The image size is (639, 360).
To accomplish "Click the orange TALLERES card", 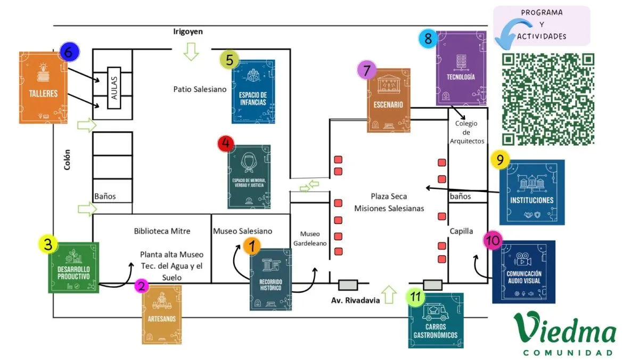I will coord(43,87).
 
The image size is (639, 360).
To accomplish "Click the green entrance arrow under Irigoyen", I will coord(190,52).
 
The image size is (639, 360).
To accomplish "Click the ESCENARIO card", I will coord(388,100).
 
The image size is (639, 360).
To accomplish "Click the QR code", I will coord(548,99).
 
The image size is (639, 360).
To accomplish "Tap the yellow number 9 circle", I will coord(500,160).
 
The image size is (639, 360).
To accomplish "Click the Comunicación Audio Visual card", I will coord(523,272).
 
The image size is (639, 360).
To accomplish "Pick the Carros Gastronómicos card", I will coord(436,320).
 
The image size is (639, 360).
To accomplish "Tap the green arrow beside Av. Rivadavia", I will coord(389,294).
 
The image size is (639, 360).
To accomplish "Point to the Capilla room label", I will coord(461,231).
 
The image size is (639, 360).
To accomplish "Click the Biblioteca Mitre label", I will coord(162,231).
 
